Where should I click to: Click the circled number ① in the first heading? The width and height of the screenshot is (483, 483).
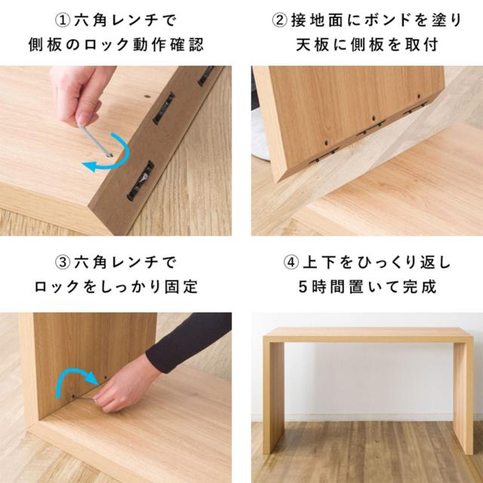coord(62,20)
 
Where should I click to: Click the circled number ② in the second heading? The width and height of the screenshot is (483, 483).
coord(279,20)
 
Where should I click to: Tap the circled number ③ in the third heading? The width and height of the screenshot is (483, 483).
coord(62,263)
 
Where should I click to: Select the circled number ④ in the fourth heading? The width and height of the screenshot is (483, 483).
coord(291,263)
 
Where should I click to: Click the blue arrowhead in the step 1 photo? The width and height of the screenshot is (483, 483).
coord(89,166)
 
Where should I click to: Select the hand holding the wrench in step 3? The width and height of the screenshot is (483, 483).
coord(126,384)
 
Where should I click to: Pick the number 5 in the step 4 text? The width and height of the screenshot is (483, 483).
coord(303,287)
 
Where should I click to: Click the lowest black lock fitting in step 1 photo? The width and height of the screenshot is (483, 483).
coord(141,181)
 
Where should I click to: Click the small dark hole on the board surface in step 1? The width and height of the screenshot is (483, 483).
coord(148,97)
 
